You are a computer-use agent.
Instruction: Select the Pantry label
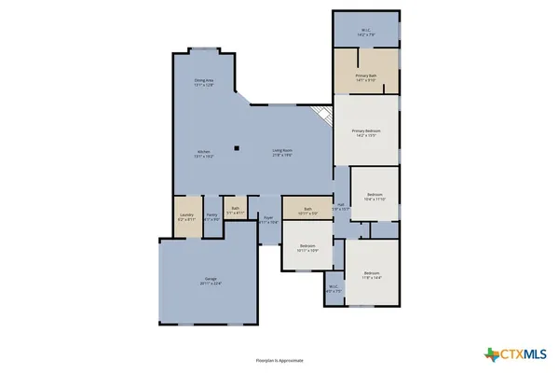coord(211,216)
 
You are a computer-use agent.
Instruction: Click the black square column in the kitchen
coord(238,147)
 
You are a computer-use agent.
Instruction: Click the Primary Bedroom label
coord(366,132)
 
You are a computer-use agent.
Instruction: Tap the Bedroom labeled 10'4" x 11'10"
coord(374,197)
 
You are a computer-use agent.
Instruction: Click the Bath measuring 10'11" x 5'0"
coord(307,211)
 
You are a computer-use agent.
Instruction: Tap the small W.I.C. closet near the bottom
coord(334,288)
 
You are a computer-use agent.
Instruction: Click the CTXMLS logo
coord(519,353)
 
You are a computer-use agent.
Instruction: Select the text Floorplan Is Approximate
coord(279,359)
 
